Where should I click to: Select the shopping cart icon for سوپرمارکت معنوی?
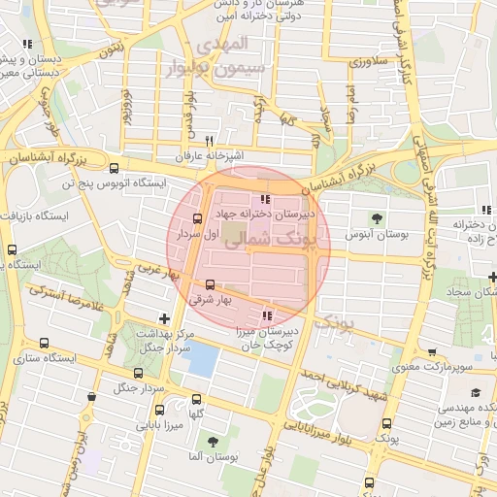[x=432, y=352]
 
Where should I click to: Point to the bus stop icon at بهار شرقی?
[x=211, y=284]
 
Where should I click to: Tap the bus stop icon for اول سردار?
[x=198, y=218]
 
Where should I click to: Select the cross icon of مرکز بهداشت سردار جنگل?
[x=163, y=318]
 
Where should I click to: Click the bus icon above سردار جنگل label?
[x=137, y=373]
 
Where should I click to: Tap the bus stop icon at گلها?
[x=197, y=399]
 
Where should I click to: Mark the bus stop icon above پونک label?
[x=387, y=423]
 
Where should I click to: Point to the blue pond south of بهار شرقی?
[x=201, y=359]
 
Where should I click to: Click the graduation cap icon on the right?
[x=476, y=392]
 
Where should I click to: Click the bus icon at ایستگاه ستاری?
[x=44, y=343]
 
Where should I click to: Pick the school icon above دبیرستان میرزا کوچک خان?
[x=266, y=315]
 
